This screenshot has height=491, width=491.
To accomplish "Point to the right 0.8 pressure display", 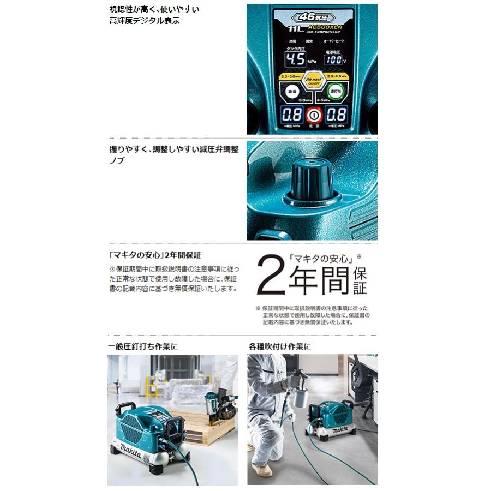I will [336, 115].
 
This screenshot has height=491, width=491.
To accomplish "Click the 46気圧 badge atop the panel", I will [313, 17].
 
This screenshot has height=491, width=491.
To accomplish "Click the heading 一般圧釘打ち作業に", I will [143, 346].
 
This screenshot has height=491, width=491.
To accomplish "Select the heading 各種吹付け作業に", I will [280, 346].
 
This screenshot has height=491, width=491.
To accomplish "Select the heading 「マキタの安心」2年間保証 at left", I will [154, 255].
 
